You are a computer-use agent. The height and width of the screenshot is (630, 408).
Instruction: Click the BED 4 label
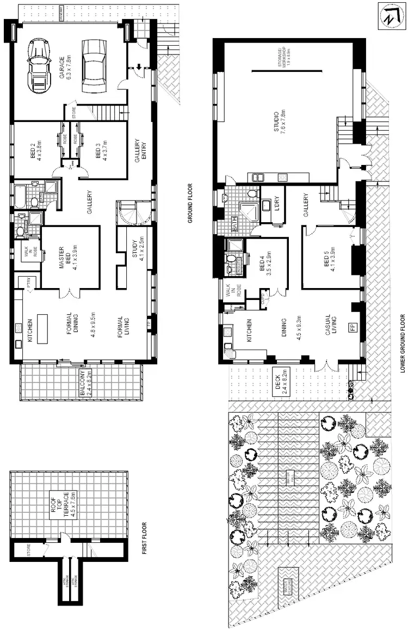pyautogui.click(x=265, y=262)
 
